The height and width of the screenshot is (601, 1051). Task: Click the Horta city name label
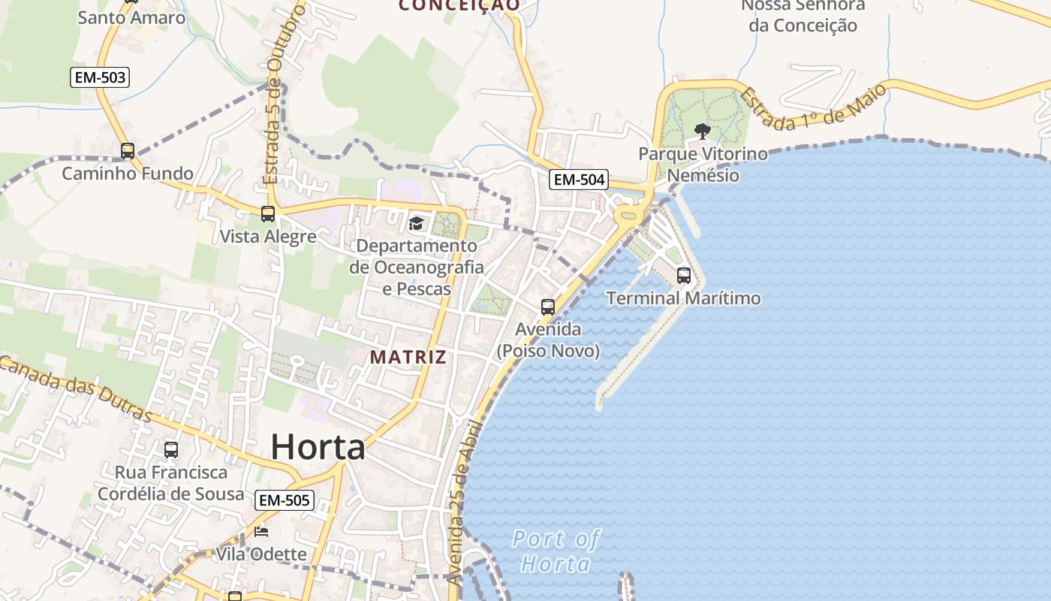tap(318, 447)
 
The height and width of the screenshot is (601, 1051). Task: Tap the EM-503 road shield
tap(100, 77)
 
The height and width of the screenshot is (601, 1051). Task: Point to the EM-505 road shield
tap(284, 500)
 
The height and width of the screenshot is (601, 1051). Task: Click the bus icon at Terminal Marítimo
tap(683, 276)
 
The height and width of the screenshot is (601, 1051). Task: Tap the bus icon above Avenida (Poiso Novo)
tap(548, 307)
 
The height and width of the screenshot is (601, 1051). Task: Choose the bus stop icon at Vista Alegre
tap(267, 214)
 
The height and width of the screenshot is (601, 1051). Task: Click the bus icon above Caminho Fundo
tap(128, 150)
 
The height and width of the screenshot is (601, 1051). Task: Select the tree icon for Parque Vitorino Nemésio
tap(703, 132)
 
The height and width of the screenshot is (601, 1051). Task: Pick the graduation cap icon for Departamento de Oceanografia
tap(416, 223)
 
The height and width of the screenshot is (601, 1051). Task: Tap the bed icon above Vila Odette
tap(260, 533)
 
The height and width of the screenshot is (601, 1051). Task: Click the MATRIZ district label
tap(408, 358)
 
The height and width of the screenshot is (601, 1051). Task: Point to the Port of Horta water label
tap(556, 551)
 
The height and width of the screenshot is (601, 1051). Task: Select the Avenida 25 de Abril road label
tap(462, 503)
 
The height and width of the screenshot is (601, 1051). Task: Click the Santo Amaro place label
tap(131, 17)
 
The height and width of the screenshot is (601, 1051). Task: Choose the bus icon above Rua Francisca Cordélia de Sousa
tap(171, 450)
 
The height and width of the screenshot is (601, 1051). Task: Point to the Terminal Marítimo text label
tap(683, 298)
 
